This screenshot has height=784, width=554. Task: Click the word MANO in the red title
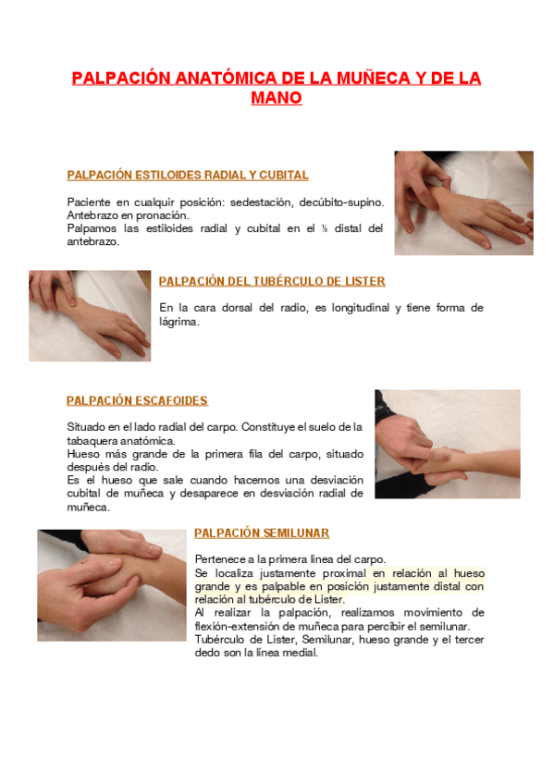coord(276,97)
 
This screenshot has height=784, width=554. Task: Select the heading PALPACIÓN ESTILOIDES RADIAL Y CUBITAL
coord(188,175)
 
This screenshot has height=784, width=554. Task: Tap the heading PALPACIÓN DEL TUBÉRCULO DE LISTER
coord(272,281)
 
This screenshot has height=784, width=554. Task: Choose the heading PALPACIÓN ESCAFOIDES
coord(137,400)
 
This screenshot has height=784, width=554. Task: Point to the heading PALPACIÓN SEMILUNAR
coord(262,533)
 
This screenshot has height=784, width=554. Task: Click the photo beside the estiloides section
coord(463,203)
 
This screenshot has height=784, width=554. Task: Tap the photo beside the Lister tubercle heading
coord(90,316)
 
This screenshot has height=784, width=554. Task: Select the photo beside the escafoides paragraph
coord(448,444)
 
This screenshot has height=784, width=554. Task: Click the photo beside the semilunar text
coord(112,585)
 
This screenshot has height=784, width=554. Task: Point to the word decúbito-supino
coord(341,202)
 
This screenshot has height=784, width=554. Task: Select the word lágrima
coord(179,322)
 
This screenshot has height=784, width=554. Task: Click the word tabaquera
coord(92,441)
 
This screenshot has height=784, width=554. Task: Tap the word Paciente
coord(89,202)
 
